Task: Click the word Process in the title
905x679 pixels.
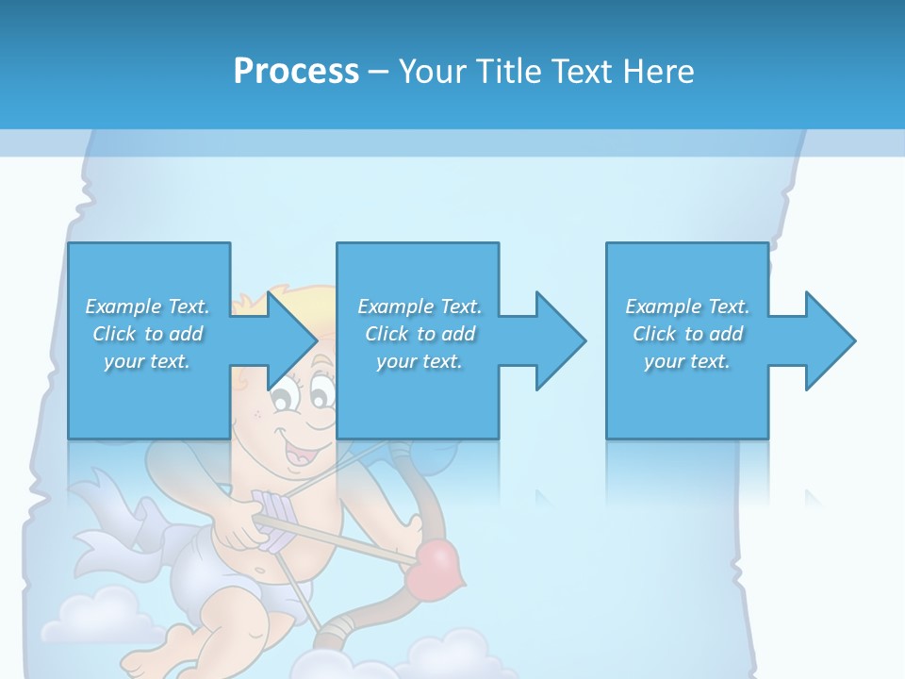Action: point(296,71)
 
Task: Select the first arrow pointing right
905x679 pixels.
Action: point(283,340)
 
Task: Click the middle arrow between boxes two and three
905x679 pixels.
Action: point(551,340)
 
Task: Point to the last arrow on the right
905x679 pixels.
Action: point(820,340)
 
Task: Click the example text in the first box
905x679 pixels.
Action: point(147,334)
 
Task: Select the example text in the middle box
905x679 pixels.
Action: point(419,334)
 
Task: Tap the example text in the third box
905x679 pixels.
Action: point(687,334)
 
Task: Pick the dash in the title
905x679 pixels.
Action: point(379,72)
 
